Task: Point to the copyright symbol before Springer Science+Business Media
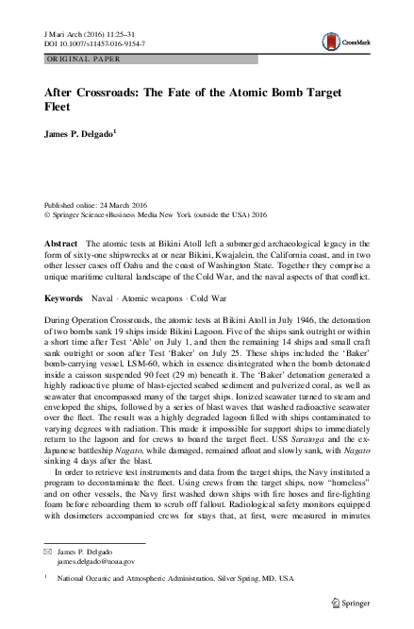click(x=49, y=214)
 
